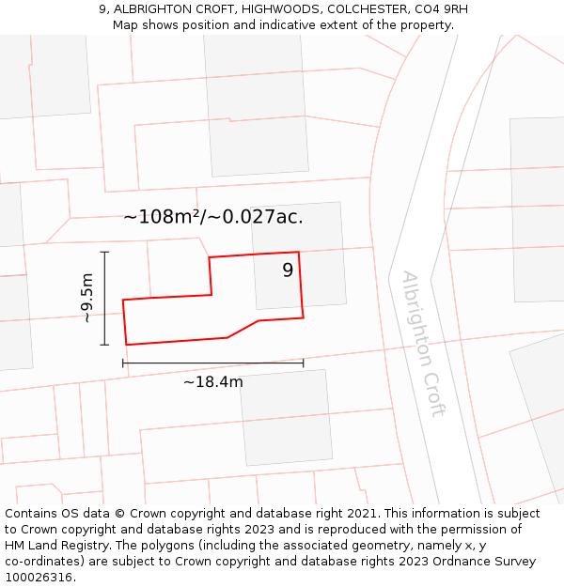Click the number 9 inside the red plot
tap(288, 270)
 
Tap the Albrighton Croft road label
tap(423, 344)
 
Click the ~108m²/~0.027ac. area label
tap(213, 217)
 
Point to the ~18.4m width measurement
tap(212, 381)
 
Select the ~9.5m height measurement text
tap(87, 299)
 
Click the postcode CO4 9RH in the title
tap(440, 9)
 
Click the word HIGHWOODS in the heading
tap(274, 9)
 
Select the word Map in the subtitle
tap(127, 25)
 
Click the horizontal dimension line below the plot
tap(212, 363)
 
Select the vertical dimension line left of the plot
tap(104, 299)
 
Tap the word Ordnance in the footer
tap(437, 562)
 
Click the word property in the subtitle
tap(424, 25)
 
